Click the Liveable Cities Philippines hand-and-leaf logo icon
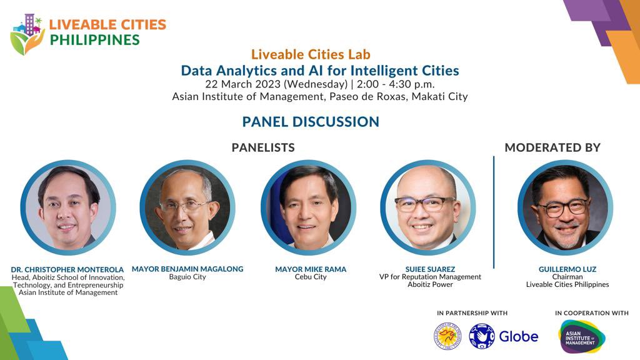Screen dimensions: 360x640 tap(27, 34)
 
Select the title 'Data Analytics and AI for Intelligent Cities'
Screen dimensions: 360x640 tap(319, 70)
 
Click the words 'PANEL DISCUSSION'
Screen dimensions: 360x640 tap(311, 121)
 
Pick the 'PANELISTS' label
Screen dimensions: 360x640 tap(262, 147)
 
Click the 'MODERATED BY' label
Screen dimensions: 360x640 tap(552, 147)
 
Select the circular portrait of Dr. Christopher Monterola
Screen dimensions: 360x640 tap(68, 207)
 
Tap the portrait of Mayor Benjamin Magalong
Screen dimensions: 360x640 tap(187, 207)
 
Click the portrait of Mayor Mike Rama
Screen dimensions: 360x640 tap(308, 207)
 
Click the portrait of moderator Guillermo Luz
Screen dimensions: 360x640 tap(565, 207)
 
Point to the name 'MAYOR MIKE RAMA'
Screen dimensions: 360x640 tap(311, 269)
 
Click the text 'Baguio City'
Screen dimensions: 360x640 tap(187, 277)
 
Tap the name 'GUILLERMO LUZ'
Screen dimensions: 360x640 tap(567, 269)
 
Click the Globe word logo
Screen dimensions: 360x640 tap(518, 336)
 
